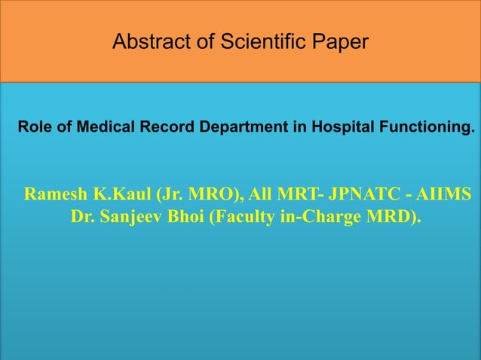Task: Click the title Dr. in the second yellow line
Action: (x=82, y=218)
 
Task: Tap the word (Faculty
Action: (x=239, y=218)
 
